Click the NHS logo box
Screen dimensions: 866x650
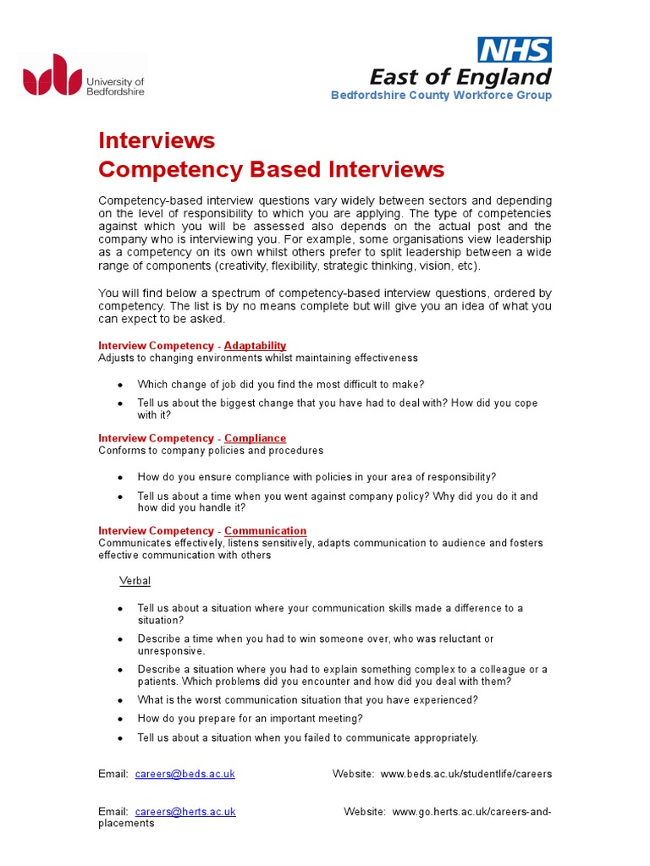pyautogui.click(x=515, y=50)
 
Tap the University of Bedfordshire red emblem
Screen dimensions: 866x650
pyautogui.click(x=52, y=75)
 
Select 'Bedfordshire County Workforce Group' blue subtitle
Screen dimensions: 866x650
pyautogui.click(x=441, y=95)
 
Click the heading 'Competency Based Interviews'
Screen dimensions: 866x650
pyautogui.click(x=271, y=169)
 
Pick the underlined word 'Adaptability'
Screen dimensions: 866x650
pyautogui.click(x=255, y=345)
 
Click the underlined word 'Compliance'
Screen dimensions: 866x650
pyautogui.click(x=255, y=438)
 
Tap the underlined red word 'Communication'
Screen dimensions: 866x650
pyautogui.click(x=265, y=531)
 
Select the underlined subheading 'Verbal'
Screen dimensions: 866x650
pyautogui.click(x=135, y=581)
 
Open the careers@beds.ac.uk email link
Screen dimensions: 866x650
pyautogui.click(x=185, y=774)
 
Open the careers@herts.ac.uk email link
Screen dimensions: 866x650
pyautogui.click(x=185, y=812)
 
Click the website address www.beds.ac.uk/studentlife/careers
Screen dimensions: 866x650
pyautogui.click(x=466, y=774)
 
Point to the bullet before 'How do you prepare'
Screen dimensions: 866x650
pyautogui.click(x=121, y=719)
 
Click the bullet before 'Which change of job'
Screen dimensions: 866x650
pyautogui.click(x=121, y=385)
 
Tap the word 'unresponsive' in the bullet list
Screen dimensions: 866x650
pyautogui.click(x=171, y=651)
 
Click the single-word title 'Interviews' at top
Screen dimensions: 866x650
pyautogui.click(x=157, y=140)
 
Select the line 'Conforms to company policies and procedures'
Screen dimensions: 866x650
pyautogui.click(x=211, y=451)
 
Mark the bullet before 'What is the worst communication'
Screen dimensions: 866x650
pyautogui.click(x=121, y=700)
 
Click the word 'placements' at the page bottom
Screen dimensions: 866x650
pyautogui.click(x=126, y=824)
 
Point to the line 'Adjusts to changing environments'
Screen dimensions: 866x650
pyautogui.click(x=258, y=358)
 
